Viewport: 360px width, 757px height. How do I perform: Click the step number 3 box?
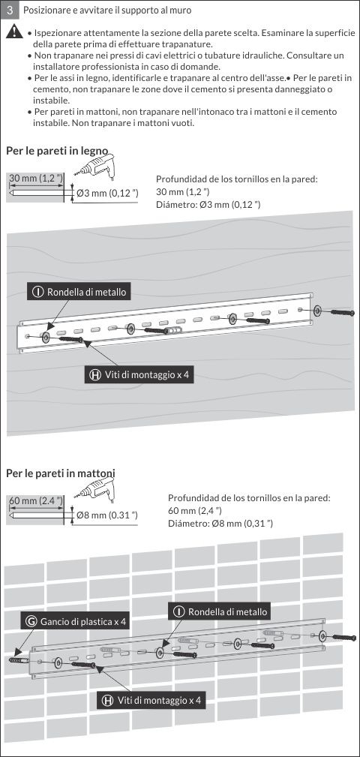(x=10, y=10)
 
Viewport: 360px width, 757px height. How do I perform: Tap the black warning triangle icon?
(x=15, y=32)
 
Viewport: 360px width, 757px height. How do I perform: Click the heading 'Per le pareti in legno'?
(x=57, y=150)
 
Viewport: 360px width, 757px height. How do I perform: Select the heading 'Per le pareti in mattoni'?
(x=61, y=473)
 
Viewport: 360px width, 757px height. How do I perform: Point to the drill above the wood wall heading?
(x=94, y=165)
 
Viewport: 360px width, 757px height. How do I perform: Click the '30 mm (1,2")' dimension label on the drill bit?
(x=36, y=178)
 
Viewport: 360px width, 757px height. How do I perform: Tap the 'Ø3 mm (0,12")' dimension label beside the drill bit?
(x=107, y=193)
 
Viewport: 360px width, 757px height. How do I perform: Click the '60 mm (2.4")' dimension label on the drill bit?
(x=36, y=500)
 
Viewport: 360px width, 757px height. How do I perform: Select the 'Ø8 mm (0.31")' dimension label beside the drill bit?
(x=107, y=515)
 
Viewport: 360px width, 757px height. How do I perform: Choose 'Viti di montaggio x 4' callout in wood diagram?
(x=140, y=375)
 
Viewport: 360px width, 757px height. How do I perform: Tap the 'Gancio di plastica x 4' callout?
(x=76, y=621)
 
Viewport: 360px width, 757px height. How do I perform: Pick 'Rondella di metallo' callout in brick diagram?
(x=220, y=611)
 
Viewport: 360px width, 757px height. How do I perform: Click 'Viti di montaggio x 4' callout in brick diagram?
(x=151, y=699)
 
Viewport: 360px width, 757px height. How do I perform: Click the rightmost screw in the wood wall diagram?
(x=342, y=312)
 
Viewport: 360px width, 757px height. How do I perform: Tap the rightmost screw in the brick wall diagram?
(x=345, y=637)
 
